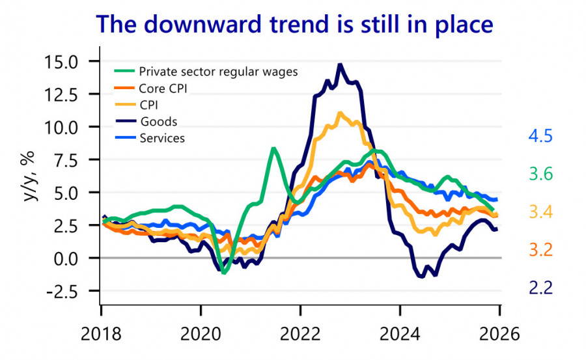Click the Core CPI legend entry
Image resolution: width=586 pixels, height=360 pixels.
pyautogui.click(x=163, y=88)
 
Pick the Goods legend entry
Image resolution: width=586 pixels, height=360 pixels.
pyautogui.click(x=158, y=121)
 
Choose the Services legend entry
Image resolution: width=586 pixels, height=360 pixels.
pyautogui.click(x=161, y=138)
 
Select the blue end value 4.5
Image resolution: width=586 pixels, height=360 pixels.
pyautogui.click(x=540, y=137)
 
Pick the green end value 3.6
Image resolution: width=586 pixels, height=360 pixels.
pyautogui.click(x=540, y=174)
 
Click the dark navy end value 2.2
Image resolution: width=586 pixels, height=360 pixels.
pyautogui.click(x=540, y=287)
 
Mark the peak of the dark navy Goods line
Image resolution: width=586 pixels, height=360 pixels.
pyautogui.click(x=340, y=64)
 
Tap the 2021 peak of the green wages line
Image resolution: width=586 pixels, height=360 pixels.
pyautogui.click(x=274, y=148)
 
